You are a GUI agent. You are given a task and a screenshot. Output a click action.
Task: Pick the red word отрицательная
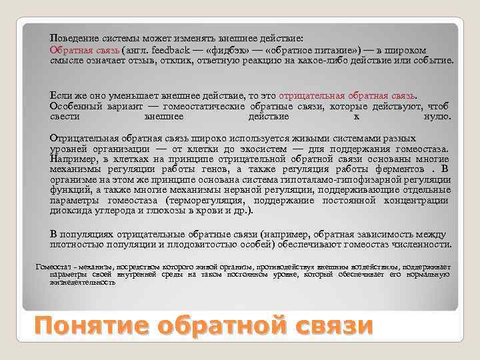315,95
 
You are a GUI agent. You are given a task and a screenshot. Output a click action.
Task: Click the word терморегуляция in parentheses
212,200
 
